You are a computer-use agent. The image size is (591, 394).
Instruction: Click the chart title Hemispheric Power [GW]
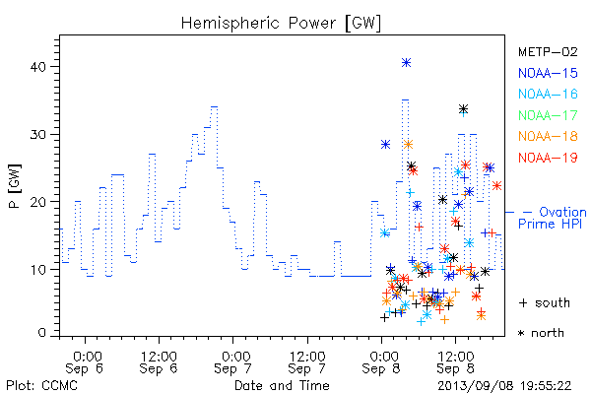pos(281,24)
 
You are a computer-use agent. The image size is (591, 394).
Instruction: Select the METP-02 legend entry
pos(548,51)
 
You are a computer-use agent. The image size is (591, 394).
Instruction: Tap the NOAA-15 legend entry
pos(548,73)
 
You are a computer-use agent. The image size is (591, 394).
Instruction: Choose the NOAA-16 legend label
pos(548,94)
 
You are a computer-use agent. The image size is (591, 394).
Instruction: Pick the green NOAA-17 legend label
pos(548,115)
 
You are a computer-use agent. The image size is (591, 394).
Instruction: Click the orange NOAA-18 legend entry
pos(548,136)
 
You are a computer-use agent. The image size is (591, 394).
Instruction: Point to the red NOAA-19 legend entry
pos(548,158)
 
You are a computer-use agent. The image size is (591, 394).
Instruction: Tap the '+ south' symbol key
pos(545,302)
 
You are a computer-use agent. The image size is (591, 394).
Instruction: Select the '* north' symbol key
pos(541,333)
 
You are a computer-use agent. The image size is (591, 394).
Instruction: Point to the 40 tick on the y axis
pos(37,67)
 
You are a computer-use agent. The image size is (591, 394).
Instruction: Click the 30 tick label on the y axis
pos(37,134)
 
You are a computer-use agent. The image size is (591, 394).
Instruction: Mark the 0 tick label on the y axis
pos(42,333)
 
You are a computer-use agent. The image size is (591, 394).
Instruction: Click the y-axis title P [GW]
pos(15,186)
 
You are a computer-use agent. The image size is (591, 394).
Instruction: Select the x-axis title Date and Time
pos(282,385)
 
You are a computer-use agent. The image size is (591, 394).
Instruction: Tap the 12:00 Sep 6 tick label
pos(159,362)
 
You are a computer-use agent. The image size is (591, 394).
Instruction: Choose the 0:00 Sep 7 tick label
pos(232,362)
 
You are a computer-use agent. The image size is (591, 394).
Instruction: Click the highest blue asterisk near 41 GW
pos(406,63)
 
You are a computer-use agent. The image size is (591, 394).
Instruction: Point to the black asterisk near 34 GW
pos(463,109)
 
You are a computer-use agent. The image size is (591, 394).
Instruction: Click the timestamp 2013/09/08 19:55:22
pos(504,386)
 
